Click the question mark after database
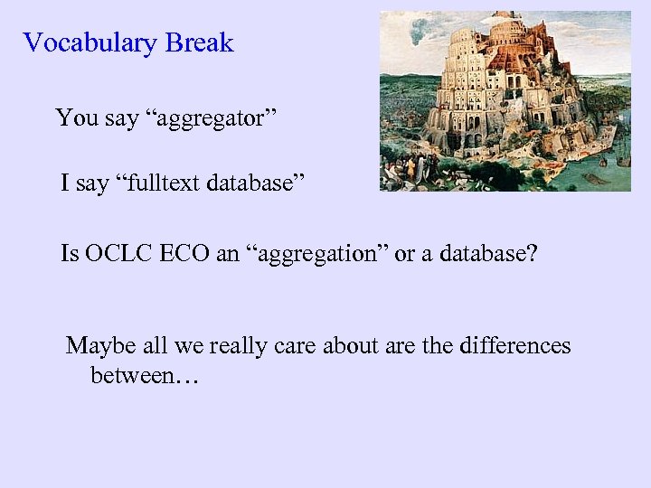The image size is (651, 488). pos(531,253)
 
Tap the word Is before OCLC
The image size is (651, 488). pos(70,253)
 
